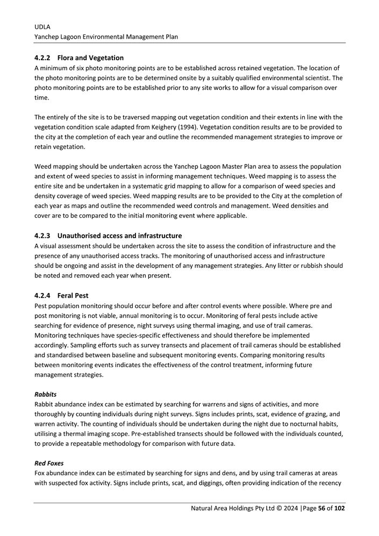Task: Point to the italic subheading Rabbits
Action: click(45, 394)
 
